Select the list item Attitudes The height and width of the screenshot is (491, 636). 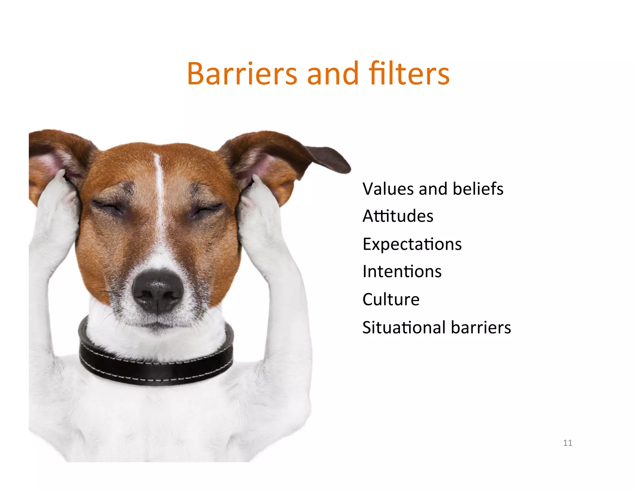click(x=398, y=216)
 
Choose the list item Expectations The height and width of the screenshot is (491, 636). click(x=412, y=244)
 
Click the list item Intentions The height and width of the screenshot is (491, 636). click(x=402, y=272)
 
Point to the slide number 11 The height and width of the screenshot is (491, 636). click(x=567, y=443)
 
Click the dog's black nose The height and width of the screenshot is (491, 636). click(x=157, y=291)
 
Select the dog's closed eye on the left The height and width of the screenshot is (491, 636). click(x=107, y=206)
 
